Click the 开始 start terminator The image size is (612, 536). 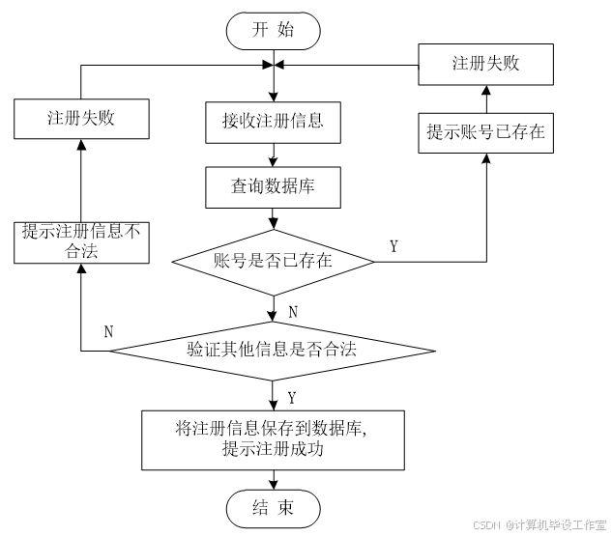[x=273, y=30]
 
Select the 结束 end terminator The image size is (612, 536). [x=273, y=508]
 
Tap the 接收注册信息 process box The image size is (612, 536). [x=273, y=122]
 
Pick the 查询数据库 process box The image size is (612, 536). [x=273, y=187]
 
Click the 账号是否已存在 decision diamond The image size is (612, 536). [x=273, y=261]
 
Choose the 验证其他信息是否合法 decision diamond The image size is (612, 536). [x=272, y=350]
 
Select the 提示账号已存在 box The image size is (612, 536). [x=485, y=133]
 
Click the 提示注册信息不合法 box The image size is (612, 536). [x=81, y=241]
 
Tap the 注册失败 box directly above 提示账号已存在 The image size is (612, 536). [x=485, y=64]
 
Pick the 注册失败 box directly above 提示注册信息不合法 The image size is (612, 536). [x=81, y=119]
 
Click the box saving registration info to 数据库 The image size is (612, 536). [x=273, y=439]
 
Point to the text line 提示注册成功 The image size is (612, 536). [x=272, y=450]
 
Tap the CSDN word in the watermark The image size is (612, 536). [x=485, y=524]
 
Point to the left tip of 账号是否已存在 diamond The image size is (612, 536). [x=174, y=261]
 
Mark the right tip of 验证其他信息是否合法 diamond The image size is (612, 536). [x=432, y=350]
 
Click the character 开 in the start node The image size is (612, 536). [x=260, y=30]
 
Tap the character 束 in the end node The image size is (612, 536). [x=285, y=508]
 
